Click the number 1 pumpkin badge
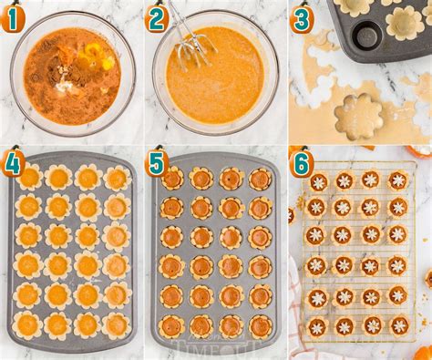[x=12, y=15]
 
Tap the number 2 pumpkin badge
[x=157, y=17]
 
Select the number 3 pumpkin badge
[x=303, y=17]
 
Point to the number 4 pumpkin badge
[x=12, y=163]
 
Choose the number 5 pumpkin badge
[x=157, y=163]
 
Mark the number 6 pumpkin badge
[x=303, y=163]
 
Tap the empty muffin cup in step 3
[x=367, y=36]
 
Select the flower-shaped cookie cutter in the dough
[x=358, y=116]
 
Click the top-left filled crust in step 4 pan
[x=29, y=177]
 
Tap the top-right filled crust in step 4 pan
[x=117, y=178]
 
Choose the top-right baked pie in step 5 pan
[x=260, y=179]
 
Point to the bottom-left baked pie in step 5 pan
[x=171, y=325]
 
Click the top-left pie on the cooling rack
[x=318, y=181]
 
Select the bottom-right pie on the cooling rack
[x=399, y=324]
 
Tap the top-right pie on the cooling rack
[x=398, y=180]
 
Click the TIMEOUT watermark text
[x=219, y=348]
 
